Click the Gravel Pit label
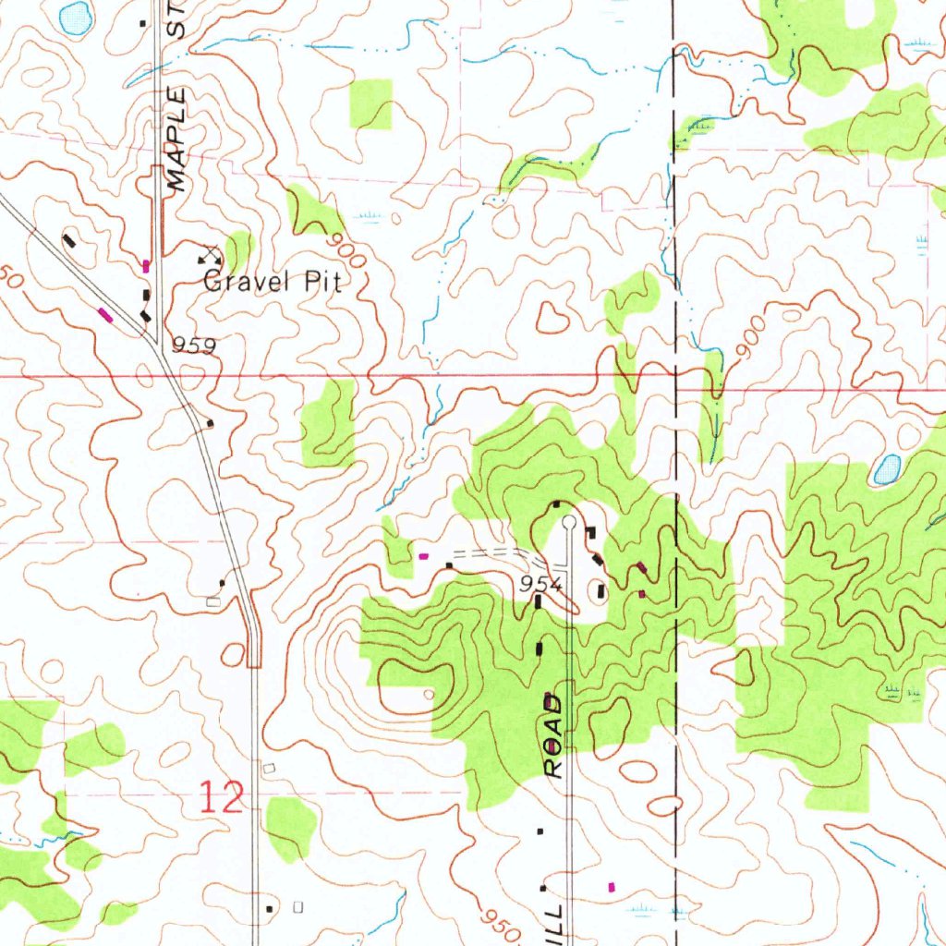point(272,282)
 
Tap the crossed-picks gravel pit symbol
point(210,251)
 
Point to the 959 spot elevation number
point(193,346)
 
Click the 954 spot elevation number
point(540,583)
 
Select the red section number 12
point(223,795)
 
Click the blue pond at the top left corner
point(75,16)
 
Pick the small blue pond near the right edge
point(886,470)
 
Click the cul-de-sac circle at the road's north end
point(569,523)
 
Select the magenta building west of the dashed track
point(424,556)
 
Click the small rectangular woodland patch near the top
point(370,103)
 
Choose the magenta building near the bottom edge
point(611,886)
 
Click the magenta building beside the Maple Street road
point(146,266)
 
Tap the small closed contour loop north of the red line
point(552,320)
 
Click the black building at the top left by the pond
point(142,23)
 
